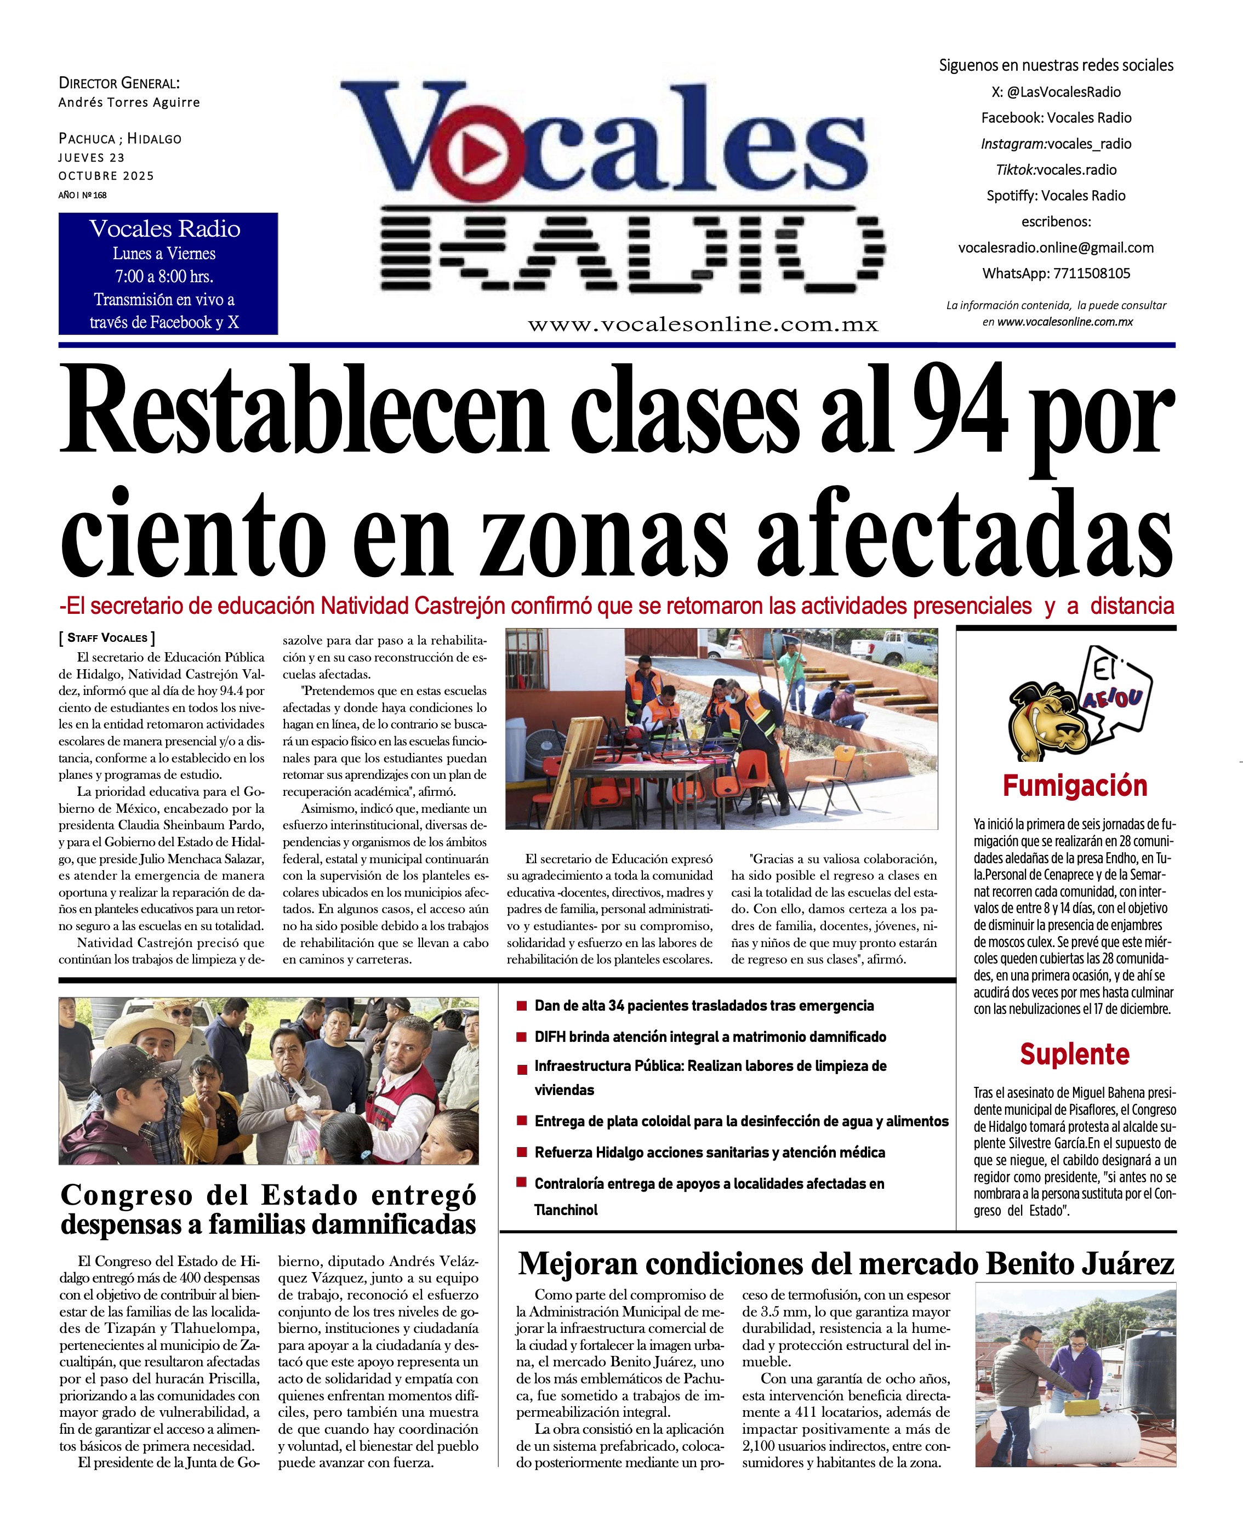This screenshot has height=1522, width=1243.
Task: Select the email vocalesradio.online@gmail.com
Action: [1056, 248]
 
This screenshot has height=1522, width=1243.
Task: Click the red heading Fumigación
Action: [1074, 786]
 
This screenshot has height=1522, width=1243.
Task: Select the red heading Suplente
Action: [1074, 1054]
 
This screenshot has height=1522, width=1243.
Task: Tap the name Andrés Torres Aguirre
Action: [129, 102]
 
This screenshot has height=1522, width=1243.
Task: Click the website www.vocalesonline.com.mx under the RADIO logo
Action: [703, 325]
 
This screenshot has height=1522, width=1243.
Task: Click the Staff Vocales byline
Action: [107, 638]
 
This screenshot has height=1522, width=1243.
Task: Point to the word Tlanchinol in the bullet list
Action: [566, 1210]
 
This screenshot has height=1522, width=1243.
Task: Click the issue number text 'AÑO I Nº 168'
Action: [82, 195]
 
